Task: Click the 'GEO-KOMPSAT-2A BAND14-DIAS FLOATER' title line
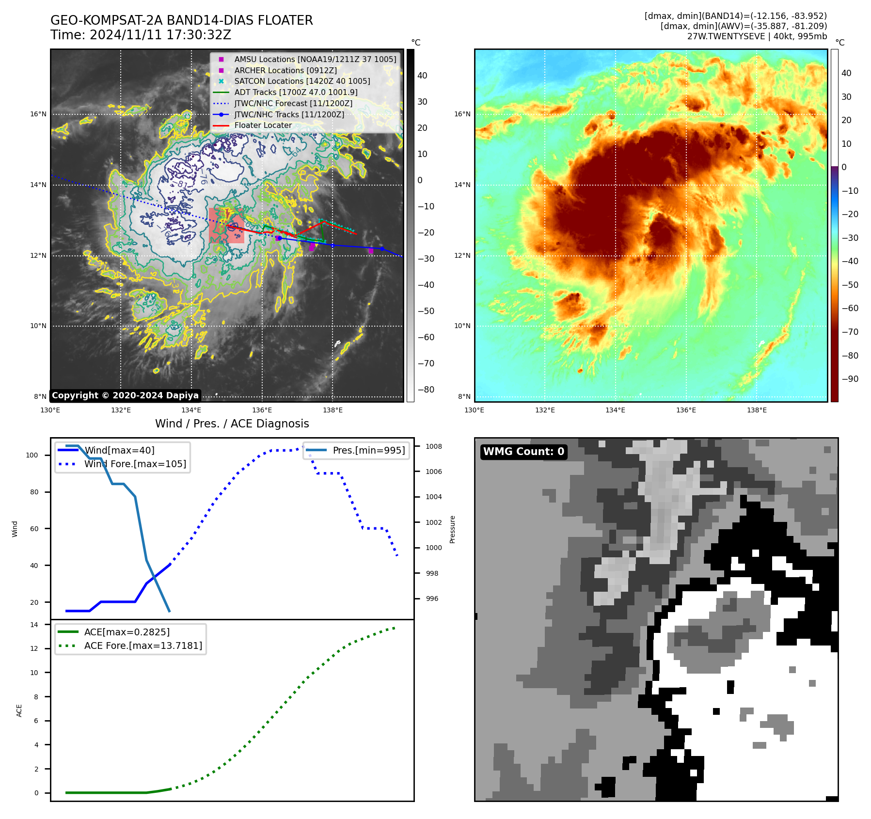(182, 20)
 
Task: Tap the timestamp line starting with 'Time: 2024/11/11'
(141, 35)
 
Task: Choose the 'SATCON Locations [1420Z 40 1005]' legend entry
(302, 81)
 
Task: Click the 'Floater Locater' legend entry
(263, 125)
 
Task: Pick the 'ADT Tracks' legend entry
(296, 92)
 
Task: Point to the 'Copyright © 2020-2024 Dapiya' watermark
(125, 395)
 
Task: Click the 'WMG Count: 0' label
(523, 452)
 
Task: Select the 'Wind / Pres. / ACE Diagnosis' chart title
(232, 424)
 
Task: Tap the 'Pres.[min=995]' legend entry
(368, 450)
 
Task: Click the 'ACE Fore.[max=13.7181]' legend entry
(143, 646)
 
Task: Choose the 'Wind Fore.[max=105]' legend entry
(135, 464)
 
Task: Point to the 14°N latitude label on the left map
(38, 185)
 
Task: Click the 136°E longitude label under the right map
(686, 410)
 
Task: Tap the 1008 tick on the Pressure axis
(434, 446)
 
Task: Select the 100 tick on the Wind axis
(32, 455)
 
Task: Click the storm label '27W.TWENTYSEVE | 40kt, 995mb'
(757, 36)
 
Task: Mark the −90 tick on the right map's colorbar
(850, 379)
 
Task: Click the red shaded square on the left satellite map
(226, 226)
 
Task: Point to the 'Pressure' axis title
(452, 529)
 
